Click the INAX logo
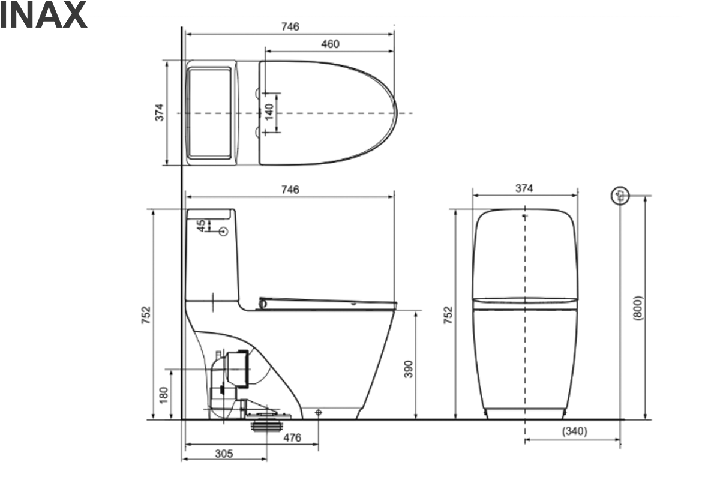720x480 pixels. click(43, 14)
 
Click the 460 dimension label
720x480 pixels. click(330, 44)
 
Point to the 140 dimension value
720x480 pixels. click(269, 112)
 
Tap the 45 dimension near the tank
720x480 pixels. click(201, 226)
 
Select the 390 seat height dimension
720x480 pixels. click(408, 369)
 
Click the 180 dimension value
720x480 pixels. click(164, 395)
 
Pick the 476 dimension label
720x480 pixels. click(292, 437)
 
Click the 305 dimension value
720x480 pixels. click(224, 454)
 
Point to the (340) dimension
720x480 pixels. click(574, 431)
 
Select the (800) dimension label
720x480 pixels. click(638, 308)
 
